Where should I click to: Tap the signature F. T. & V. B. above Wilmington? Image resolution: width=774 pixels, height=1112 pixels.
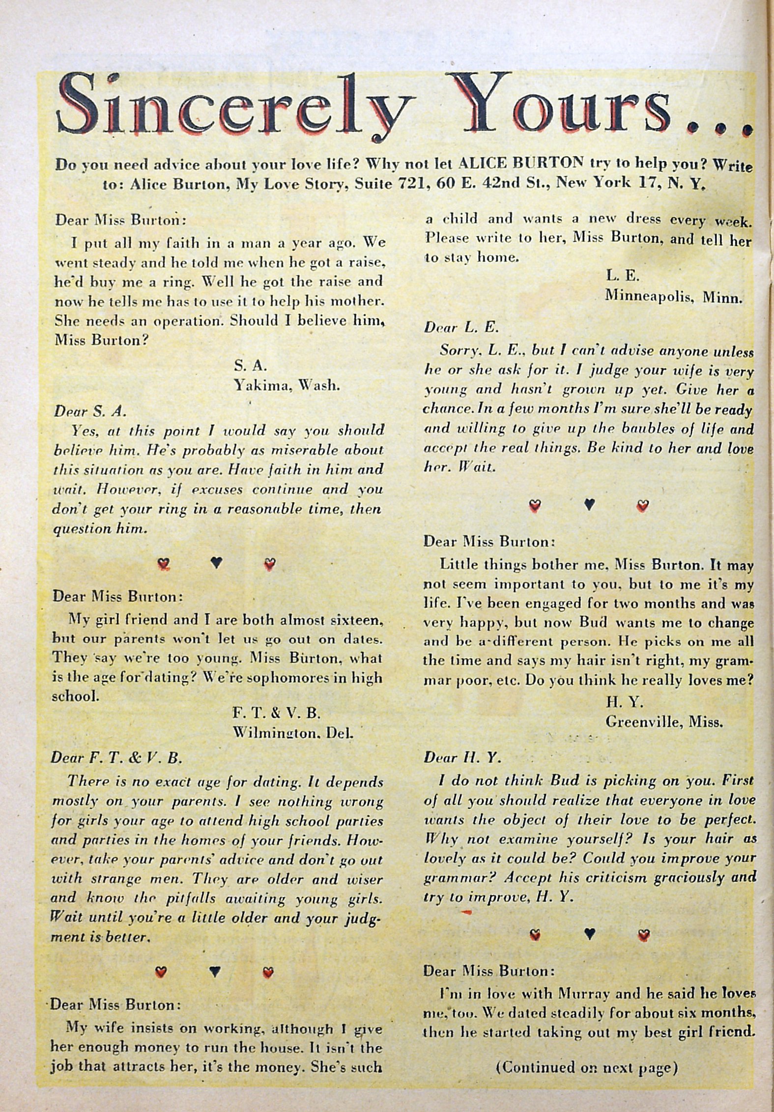pos(278,713)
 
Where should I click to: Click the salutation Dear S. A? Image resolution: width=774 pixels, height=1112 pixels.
pos(86,411)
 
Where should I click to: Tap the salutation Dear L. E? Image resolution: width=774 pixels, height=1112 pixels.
pos(454,328)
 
